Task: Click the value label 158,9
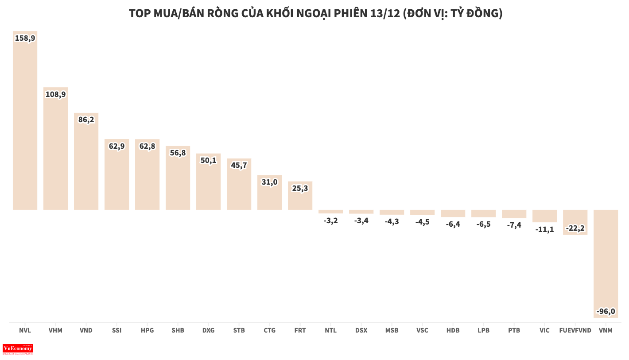tap(25, 38)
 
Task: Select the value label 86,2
tap(86, 120)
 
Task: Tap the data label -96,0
tap(606, 312)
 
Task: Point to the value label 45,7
tap(239, 165)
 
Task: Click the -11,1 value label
tap(544, 229)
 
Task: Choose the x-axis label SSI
tap(116, 330)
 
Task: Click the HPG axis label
tap(147, 330)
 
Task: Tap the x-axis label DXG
tap(208, 330)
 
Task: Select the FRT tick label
tap(300, 330)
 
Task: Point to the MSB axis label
tap(392, 330)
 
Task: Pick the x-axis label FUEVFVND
tap(575, 330)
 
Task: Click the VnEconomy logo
tap(18, 349)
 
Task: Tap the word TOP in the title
tap(140, 14)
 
